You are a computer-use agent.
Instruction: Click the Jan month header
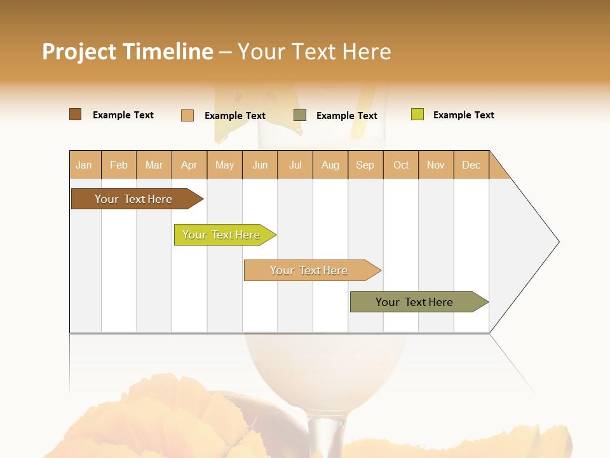pyautogui.click(x=85, y=165)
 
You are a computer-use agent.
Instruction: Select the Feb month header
pyautogui.click(x=119, y=165)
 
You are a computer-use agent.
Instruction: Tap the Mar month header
pyautogui.click(x=154, y=165)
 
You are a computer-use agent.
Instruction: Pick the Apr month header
pyautogui.click(x=189, y=165)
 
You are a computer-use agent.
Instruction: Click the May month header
pyautogui.click(x=224, y=165)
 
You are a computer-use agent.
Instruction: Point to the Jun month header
pyautogui.click(x=260, y=165)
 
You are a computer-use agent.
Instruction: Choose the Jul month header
pyautogui.click(x=295, y=165)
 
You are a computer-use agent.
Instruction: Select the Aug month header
pyautogui.click(x=330, y=165)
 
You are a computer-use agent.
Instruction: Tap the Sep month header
pyautogui.click(x=365, y=165)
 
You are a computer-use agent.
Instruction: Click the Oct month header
pyautogui.click(x=401, y=165)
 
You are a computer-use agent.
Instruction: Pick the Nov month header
pyautogui.click(x=436, y=165)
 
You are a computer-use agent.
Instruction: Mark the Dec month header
pyautogui.click(x=471, y=165)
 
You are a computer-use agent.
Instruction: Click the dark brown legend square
pyautogui.click(x=76, y=114)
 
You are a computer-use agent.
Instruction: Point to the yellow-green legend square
pyautogui.click(x=417, y=114)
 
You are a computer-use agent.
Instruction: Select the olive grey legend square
pyautogui.click(x=300, y=114)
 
